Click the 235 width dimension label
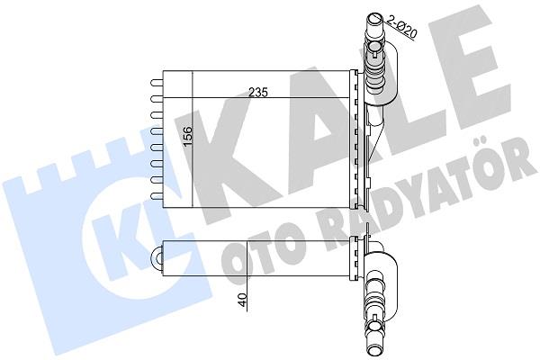coord(258,93)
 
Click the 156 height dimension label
coord(188,136)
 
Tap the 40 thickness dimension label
coord(242,300)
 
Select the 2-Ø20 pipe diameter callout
coord(402,26)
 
